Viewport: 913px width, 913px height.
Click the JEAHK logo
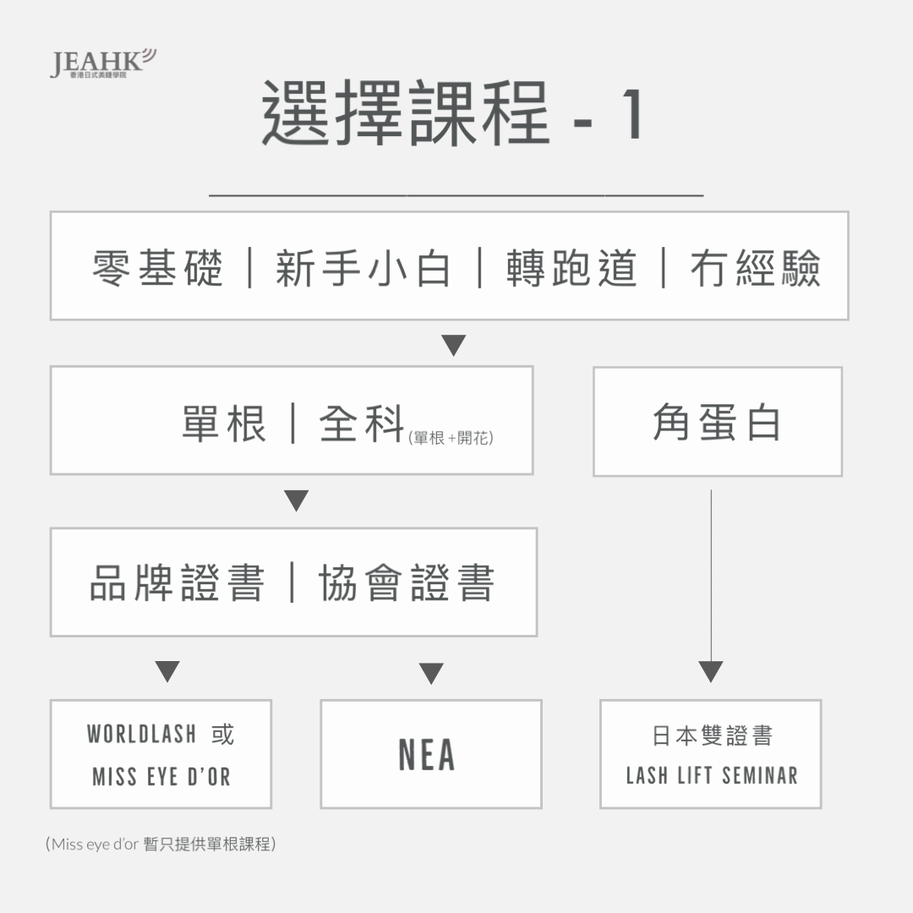pyautogui.click(x=102, y=63)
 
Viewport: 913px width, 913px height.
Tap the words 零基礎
pyautogui.click(x=158, y=269)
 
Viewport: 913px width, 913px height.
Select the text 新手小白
pyautogui.click(x=364, y=269)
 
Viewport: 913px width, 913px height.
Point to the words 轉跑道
pyautogui.click(x=571, y=269)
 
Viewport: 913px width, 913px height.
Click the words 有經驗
pyautogui.click(x=755, y=269)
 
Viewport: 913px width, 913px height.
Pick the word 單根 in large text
pyautogui.click(x=225, y=424)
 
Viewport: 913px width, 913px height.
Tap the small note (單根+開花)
pyautogui.click(x=450, y=438)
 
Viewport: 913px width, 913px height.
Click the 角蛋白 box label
pyautogui.click(x=717, y=423)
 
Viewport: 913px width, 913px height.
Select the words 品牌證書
pyautogui.click(x=177, y=582)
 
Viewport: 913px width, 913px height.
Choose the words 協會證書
pyautogui.click(x=407, y=582)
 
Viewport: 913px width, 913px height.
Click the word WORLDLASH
pyautogui.click(x=142, y=734)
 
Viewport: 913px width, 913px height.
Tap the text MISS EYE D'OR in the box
pyautogui.click(x=161, y=776)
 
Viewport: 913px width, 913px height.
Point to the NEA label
pyautogui.click(x=427, y=755)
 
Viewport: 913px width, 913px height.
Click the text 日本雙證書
pyautogui.click(x=712, y=735)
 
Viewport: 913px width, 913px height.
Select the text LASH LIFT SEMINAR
pyautogui.click(x=712, y=775)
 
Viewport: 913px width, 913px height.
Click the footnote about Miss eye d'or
pyautogui.click(x=161, y=844)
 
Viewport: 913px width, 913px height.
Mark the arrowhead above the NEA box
pyautogui.click(x=431, y=674)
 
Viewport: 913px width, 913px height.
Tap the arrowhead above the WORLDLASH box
pyautogui.click(x=167, y=671)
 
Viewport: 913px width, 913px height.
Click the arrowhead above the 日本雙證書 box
pyautogui.click(x=711, y=672)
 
